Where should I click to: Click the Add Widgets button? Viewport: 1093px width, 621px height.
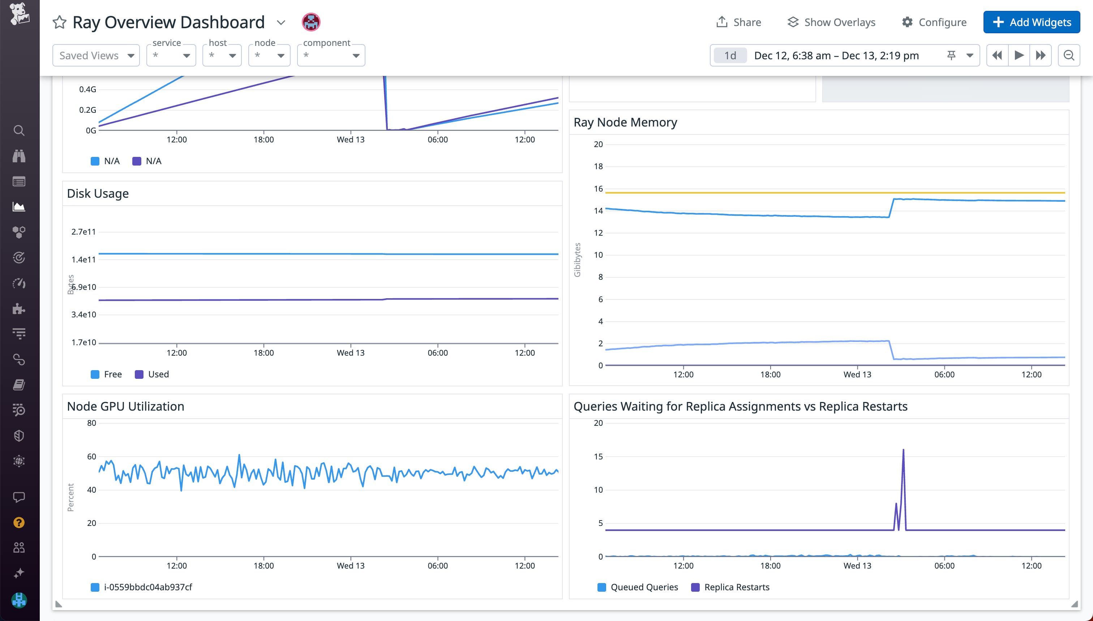1031,22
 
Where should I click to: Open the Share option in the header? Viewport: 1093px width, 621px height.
739,22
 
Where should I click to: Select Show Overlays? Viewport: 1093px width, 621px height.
831,22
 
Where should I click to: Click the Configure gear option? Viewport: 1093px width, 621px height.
934,22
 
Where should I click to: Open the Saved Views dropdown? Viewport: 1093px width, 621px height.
96,55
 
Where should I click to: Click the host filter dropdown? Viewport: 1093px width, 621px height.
222,55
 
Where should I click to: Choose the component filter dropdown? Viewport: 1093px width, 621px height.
331,55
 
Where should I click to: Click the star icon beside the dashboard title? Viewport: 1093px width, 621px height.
59,22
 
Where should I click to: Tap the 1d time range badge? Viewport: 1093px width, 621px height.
730,55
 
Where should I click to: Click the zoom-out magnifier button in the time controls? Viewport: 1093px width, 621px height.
1069,55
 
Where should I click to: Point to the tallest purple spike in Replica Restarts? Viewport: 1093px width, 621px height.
903,450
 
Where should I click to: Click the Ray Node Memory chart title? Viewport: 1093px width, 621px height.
625,123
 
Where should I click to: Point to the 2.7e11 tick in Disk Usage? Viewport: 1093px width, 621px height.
83,232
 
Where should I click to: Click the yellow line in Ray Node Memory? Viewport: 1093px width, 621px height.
810,193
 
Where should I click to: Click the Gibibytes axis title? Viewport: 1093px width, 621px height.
578,260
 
